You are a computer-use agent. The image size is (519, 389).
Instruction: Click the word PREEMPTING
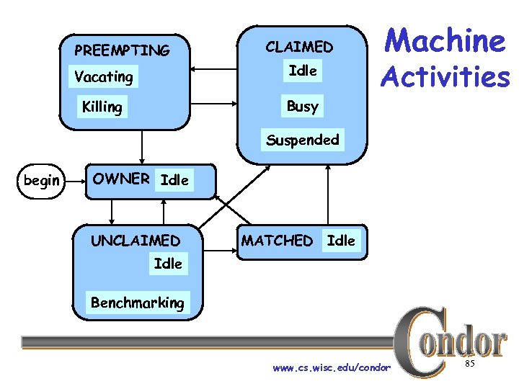click(x=122, y=50)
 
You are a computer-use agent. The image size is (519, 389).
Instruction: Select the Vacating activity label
click(x=104, y=76)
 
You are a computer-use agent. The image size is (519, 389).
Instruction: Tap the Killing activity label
click(x=102, y=107)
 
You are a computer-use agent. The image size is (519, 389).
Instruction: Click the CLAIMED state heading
click(x=299, y=48)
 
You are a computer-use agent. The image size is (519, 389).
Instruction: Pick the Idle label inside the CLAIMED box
click(x=302, y=71)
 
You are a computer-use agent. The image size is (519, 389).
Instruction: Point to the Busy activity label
click(x=302, y=107)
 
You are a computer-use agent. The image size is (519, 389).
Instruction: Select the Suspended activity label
click(x=302, y=140)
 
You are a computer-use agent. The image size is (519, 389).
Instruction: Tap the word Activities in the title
click(x=445, y=76)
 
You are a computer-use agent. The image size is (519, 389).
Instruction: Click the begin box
click(x=42, y=180)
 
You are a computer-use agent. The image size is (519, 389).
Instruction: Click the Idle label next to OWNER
click(x=174, y=180)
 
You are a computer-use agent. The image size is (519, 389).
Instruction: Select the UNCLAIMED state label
click(x=136, y=241)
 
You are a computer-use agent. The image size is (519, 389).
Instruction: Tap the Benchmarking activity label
click(x=137, y=303)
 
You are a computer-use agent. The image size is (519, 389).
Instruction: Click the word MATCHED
click(x=277, y=241)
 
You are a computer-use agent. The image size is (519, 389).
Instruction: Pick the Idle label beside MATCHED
click(x=341, y=241)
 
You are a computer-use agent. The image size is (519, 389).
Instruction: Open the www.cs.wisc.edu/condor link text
click(x=332, y=368)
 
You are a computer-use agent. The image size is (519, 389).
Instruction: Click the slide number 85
click(x=469, y=365)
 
